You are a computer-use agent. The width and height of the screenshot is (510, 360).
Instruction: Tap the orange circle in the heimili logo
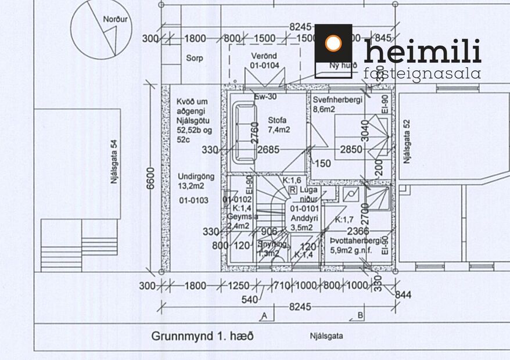coord(333,43)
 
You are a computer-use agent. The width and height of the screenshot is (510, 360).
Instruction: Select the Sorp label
coord(194,58)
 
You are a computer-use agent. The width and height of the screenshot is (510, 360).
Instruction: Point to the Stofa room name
coord(278,120)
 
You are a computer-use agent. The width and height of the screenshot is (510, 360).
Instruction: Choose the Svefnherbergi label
coord(337,100)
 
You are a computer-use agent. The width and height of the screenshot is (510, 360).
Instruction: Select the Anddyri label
coord(301,218)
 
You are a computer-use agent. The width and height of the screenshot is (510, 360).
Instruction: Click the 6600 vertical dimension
coord(150,180)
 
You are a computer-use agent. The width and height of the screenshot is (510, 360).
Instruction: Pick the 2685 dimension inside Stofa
coord(268,150)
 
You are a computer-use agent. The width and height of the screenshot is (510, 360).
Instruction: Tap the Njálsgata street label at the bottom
coord(326,336)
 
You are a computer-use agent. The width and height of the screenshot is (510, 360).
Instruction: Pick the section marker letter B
coord(360,316)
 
